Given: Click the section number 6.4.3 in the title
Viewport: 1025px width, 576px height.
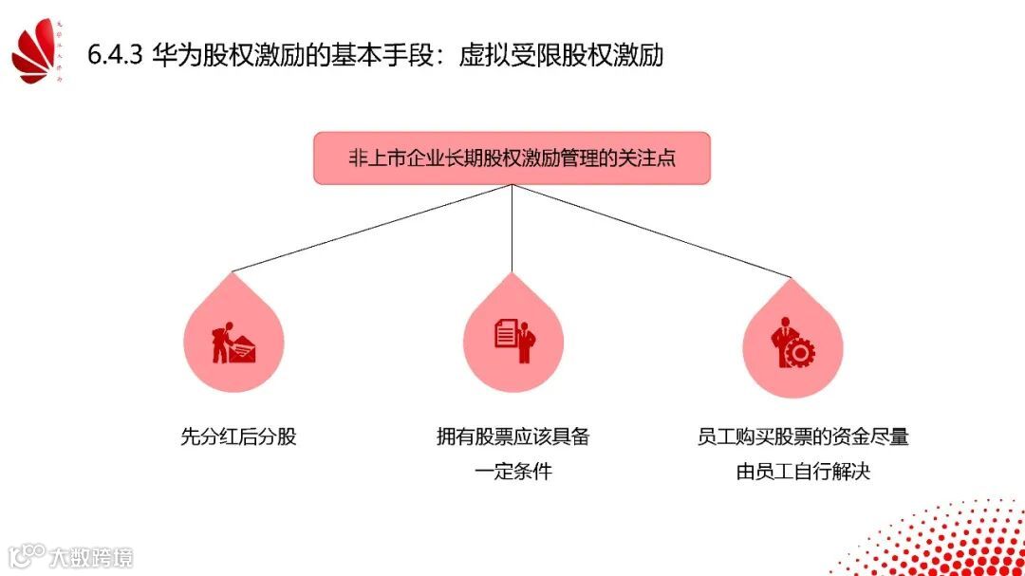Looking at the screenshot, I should click(x=114, y=55).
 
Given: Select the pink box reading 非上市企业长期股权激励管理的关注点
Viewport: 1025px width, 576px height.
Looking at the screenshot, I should click(x=512, y=158).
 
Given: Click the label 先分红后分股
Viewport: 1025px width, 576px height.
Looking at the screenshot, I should click(x=238, y=437).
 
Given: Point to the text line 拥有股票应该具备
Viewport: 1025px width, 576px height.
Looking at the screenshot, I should click(x=512, y=437).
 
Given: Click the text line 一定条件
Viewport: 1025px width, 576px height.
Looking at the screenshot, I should click(x=512, y=471).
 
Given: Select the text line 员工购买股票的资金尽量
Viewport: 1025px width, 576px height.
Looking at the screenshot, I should click(x=803, y=437).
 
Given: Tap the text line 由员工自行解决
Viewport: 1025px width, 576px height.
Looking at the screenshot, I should click(x=803, y=471).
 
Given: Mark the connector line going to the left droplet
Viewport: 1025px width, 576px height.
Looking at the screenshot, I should click(x=370, y=228).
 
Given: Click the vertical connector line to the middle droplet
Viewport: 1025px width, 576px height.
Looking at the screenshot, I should click(x=512, y=228).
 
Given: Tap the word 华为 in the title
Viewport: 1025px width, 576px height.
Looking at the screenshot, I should click(x=172, y=55).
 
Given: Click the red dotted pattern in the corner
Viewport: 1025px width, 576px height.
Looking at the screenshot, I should click(x=959, y=541).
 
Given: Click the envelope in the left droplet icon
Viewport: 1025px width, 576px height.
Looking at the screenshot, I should click(x=245, y=351).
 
